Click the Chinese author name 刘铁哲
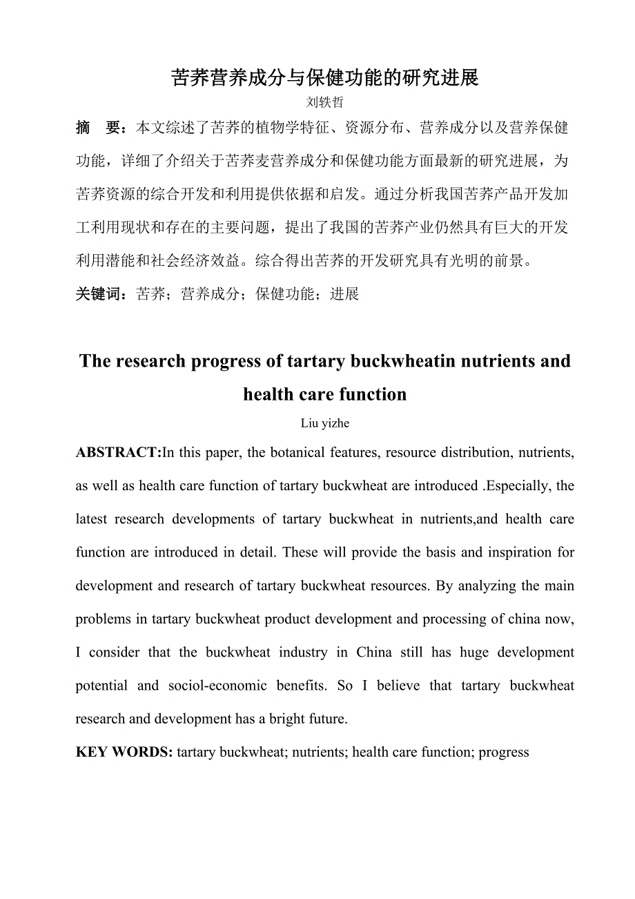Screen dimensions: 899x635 click(x=324, y=101)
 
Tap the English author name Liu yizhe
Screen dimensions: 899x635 click(x=324, y=423)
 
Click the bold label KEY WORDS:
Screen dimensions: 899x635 click(x=124, y=752)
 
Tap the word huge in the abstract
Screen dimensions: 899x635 click(x=474, y=652)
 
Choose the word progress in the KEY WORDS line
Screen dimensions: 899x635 click(x=503, y=752)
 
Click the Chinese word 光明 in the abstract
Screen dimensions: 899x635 click(x=470, y=261)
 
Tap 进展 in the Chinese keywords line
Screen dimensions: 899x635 click(x=344, y=294)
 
